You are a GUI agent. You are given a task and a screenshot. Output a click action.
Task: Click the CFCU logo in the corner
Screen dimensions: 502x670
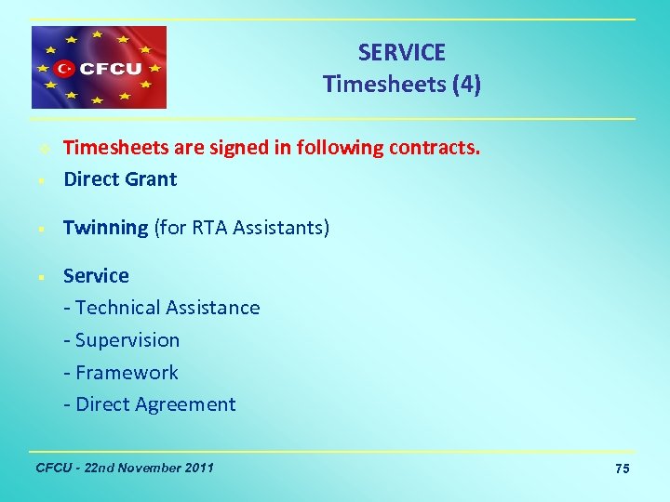(x=99, y=68)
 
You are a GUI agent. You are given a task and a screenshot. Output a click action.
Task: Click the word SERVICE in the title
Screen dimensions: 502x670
(x=402, y=53)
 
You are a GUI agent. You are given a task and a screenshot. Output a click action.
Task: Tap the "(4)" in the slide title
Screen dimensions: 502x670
(x=465, y=85)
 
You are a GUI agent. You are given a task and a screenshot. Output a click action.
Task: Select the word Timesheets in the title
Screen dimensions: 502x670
(x=382, y=85)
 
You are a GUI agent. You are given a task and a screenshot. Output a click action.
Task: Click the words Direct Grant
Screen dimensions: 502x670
(x=120, y=179)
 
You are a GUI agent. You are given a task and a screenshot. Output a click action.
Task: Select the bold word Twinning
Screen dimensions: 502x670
(x=105, y=228)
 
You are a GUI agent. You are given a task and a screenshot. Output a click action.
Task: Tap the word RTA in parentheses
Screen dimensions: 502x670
(x=210, y=228)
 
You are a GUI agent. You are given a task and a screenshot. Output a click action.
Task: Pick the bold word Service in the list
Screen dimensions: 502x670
(x=96, y=276)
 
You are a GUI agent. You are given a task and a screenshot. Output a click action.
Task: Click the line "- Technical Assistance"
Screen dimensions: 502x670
(x=162, y=308)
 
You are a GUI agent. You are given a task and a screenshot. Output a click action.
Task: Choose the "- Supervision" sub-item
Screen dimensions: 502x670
(x=122, y=340)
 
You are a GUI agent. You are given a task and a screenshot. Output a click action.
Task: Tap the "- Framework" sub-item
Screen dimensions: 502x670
(x=121, y=373)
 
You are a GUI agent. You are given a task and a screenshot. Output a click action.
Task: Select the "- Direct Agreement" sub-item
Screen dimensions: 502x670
(x=150, y=404)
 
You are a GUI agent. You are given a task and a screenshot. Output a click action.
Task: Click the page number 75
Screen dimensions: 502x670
(x=623, y=469)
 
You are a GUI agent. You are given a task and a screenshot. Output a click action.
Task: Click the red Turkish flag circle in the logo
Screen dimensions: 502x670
(x=64, y=68)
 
